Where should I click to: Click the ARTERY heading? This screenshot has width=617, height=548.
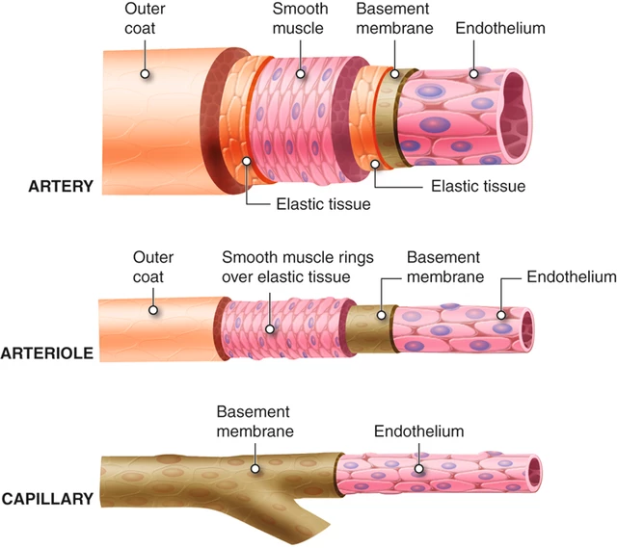[59, 186]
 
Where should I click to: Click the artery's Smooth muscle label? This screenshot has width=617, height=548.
[299, 19]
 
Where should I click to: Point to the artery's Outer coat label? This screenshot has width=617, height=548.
[145, 19]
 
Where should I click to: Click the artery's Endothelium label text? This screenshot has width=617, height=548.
[500, 29]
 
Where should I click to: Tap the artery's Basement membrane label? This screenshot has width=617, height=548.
[393, 19]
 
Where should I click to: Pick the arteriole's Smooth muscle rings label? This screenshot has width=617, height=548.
[297, 268]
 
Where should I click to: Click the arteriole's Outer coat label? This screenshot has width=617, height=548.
[152, 268]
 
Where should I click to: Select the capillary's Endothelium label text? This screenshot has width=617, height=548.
[418, 431]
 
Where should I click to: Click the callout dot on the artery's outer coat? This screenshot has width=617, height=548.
[145, 73]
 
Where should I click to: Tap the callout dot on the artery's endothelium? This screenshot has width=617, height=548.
[474, 73]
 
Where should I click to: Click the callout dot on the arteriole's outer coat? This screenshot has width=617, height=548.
[152, 310]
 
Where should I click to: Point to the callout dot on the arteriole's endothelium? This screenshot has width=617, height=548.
[501, 314]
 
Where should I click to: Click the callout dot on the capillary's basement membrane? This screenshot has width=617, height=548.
[255, 471]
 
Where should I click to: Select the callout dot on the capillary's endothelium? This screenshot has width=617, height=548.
[418, 471]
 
